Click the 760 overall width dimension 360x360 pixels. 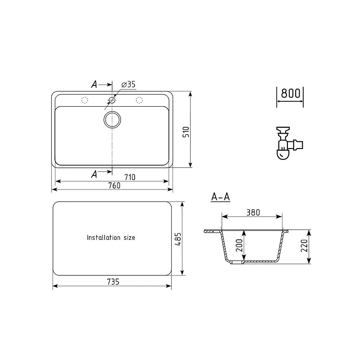click(x=114, y=185)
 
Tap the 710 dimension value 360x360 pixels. click(x=130, y=177)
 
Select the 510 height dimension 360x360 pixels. click(x=186, y=132)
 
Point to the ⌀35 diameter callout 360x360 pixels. click(x=128, y=85)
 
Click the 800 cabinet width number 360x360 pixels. click(x=291, y=93)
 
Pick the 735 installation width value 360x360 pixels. click(x=113, y=282)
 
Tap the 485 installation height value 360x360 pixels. click(x=178, y=239)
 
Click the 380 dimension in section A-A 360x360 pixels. click(x=253, y=212)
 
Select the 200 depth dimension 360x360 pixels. click(x=239, y=245)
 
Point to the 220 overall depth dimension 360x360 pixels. click(x=304, y=245)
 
